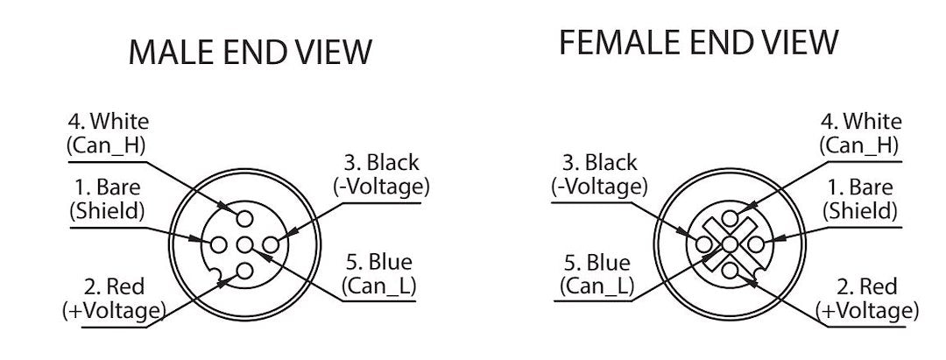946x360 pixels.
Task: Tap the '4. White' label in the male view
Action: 108,122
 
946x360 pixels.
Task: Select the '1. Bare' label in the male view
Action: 107,187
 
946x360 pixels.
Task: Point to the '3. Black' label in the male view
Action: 381,163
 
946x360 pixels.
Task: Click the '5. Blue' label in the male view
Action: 379,262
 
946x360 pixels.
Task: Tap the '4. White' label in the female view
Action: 861,122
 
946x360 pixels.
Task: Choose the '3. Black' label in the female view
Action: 599,163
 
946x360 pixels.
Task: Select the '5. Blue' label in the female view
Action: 597,263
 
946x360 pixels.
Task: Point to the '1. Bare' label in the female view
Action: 860,187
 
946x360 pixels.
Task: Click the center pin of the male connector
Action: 245,245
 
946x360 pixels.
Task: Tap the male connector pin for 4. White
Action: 245,218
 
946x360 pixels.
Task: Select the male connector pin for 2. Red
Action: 245,272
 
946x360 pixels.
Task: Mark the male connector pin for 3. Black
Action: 272,245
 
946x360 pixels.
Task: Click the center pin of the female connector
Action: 730,245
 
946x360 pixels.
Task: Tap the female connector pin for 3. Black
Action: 703,245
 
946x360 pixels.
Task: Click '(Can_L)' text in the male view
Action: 379,286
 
